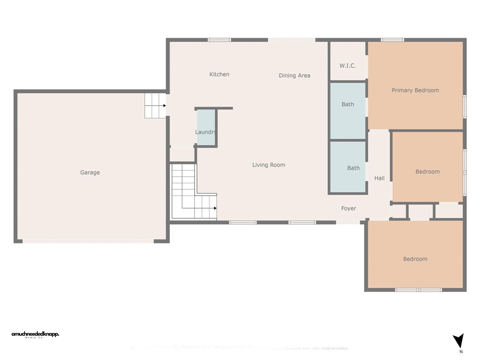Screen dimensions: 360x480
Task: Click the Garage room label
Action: [x=90, y=172]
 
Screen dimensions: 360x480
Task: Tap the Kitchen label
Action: [x=219, y=75]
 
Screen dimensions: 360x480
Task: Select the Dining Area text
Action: [x=294, y=75]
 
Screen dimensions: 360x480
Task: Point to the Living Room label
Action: [x=269, y=165]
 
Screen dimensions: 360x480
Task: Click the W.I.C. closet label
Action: [x=347, y=66]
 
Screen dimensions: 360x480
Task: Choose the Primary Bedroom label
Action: [x=415, y=90]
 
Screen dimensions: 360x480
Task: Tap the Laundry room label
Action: [x=206, y=132]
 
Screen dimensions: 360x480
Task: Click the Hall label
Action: [x=379, y=178]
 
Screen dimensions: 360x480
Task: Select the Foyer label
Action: [x=349, y=209]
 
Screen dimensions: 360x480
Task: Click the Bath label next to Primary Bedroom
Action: [x=348, y=105]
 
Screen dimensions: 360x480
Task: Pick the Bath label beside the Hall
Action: [x=353, y=168]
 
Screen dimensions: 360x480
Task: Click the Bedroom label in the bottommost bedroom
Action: [x=415, y=259]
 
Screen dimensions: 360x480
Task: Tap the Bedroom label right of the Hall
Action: [x=427, y=172]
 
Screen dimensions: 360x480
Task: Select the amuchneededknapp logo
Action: [x=35, y=335]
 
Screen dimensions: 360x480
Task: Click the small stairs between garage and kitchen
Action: [x=155, y=105]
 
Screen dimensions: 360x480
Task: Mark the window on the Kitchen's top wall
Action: [x=219, y=40]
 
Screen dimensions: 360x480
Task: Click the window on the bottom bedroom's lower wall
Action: [x=419, y=290]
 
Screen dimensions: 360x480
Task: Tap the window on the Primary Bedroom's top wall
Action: [x=392, y=40]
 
